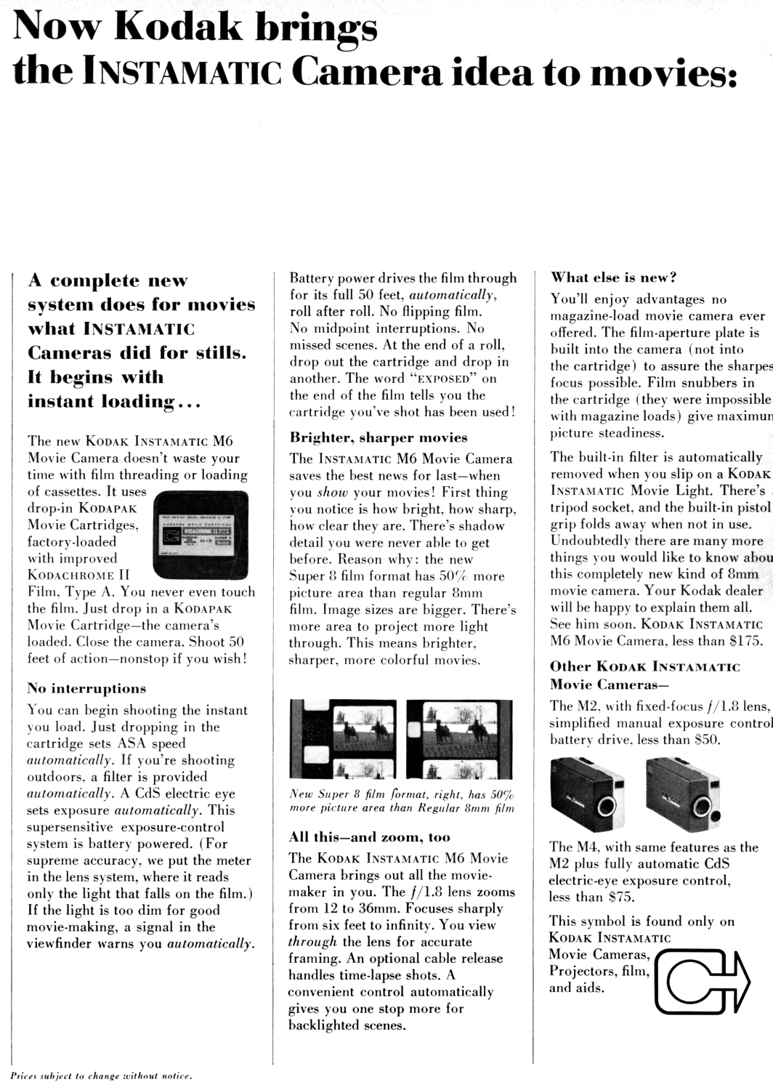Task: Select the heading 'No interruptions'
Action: click(x=86, y=688)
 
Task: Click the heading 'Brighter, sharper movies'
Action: click(x=379, y=437)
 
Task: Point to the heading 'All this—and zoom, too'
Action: click(x=370, y=837)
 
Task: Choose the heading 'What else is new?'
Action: click(x=614, y=277)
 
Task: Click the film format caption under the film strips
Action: click(x=402, y=801)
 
